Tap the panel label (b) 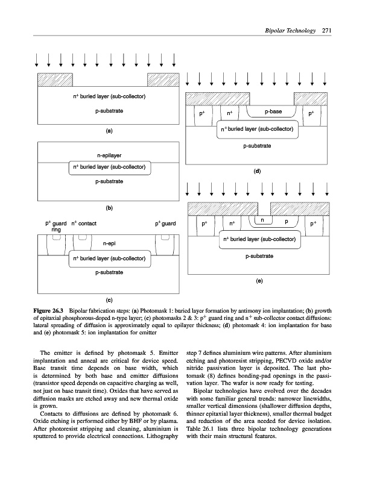(x=109, y=208)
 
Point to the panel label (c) (x=109, y=299)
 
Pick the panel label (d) (x=258, y=171)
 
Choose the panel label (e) (x=258, y=281)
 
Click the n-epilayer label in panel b (x=109, y=155)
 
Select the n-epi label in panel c (x=109, y=244)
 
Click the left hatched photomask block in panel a (x=55, y=80)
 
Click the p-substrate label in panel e (x=259, y=257)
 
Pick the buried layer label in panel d (x=258, y=129)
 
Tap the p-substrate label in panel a (x=109, y=111)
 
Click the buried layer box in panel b (x=109, y=167)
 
